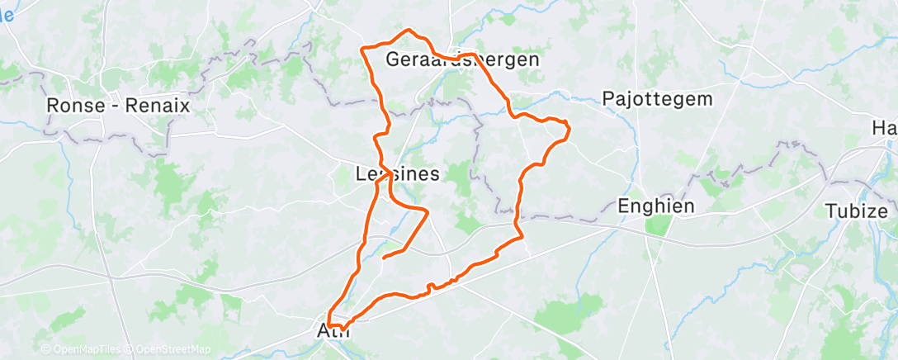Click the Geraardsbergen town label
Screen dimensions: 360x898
(462, 60)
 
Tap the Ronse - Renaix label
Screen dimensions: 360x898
(119, 107)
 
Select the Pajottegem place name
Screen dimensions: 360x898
(657, 99)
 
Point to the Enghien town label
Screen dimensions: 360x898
(657, 206)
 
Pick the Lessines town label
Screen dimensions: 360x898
(397, 174)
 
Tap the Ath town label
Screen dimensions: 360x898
(334, 331)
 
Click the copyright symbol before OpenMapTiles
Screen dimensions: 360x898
(45, 349)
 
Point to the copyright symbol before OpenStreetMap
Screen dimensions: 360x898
(131, 349)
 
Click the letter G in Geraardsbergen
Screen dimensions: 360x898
(393, 60)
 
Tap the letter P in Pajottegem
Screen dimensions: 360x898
(608, 99)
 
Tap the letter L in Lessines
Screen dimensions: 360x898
(360, 174)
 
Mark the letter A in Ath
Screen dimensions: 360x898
(324, 331)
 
